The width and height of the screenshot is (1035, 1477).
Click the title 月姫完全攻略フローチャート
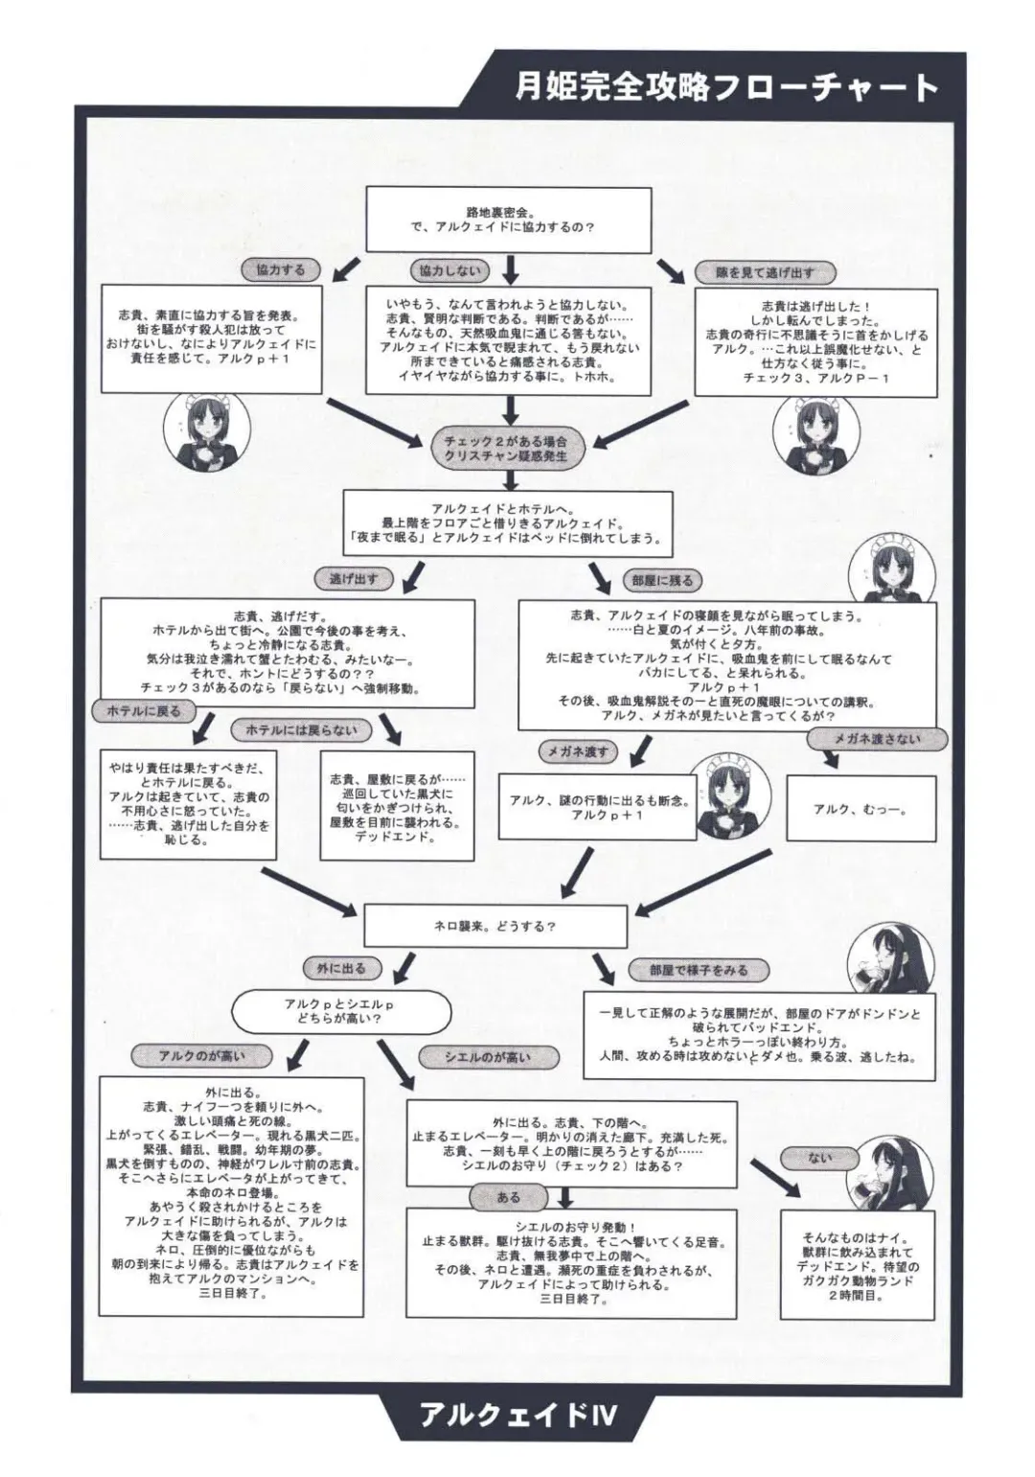(725, 88)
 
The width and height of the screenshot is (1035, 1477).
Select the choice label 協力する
(281, 270)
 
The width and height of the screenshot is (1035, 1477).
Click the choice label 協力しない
(449, 270)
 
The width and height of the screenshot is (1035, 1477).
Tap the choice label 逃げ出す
(354, 578)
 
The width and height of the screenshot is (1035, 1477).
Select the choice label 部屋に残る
(662, 580)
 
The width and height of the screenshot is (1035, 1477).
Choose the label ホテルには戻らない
(301, 730)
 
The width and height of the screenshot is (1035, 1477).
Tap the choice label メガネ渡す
(578, 751)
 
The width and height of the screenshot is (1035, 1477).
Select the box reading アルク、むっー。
(861, 809)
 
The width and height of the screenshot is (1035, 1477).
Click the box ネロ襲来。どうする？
(494, 927)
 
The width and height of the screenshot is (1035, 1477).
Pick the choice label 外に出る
(341, 968)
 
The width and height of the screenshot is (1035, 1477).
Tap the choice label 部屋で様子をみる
(698, 970)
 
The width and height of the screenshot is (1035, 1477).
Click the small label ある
(509, 1196)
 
